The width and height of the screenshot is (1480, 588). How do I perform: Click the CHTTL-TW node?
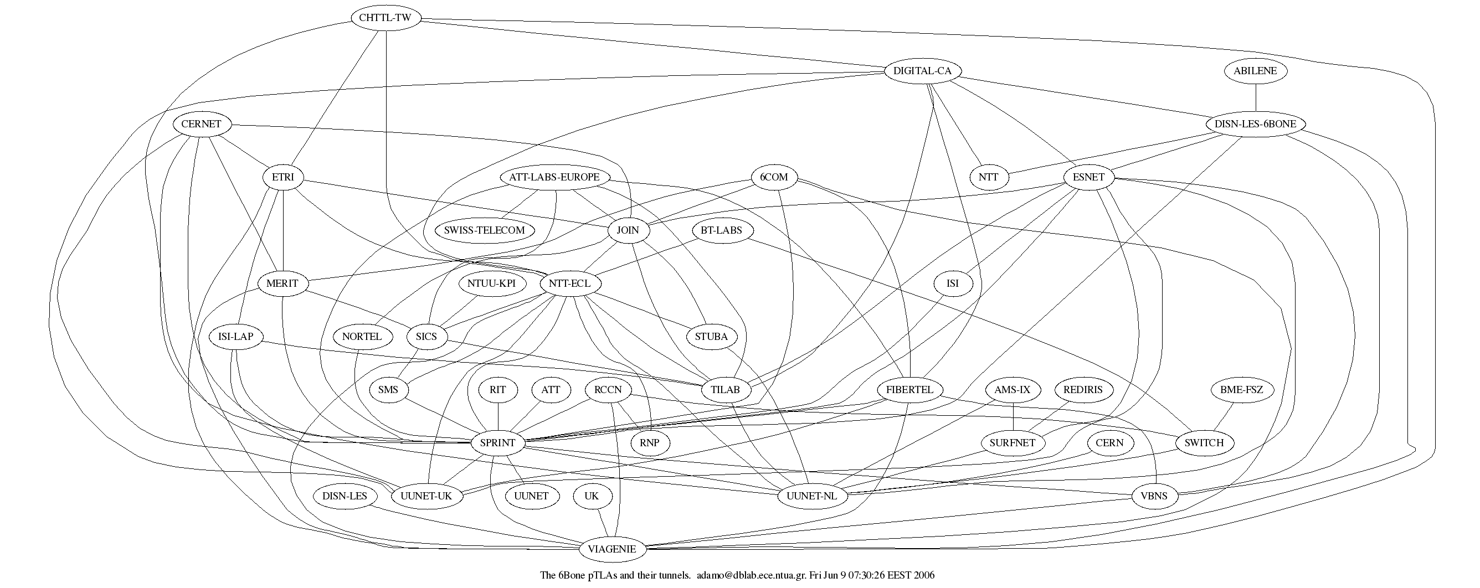click(385, 18)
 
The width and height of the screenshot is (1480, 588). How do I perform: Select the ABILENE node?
click(1255, 71)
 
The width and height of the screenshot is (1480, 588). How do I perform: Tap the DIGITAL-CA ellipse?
click(922, 71)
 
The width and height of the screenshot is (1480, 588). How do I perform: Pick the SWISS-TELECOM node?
click(484, 230)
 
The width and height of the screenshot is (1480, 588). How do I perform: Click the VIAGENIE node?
click(612, 549)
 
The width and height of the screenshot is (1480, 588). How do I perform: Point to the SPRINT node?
click(497, 443)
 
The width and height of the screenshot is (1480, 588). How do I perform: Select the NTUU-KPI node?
click(491, 283)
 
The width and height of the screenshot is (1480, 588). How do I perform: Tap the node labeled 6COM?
click(774, 177)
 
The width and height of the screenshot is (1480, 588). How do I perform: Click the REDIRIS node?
click(1083, 390)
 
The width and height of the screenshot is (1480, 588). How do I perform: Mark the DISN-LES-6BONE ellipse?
click(1255, 124)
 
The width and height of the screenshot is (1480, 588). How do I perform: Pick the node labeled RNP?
click(649, 443)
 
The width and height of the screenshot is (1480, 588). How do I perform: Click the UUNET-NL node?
click(811, 496)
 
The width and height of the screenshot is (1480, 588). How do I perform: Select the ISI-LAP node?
click(235, 337)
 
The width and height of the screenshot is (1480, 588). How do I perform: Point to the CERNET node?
click(201, 124)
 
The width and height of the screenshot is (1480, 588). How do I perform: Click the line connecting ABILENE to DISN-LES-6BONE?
click(1255, 97)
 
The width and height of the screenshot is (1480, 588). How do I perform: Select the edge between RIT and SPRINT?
click(497, 416)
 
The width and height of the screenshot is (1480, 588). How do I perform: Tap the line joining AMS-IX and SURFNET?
click(1013, 416)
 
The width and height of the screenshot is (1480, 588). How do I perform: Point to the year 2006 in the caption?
click(924, 575)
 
